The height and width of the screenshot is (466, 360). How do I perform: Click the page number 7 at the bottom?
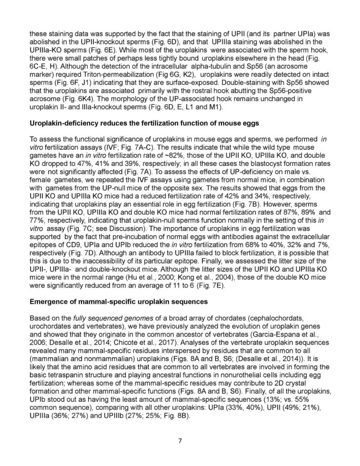180,439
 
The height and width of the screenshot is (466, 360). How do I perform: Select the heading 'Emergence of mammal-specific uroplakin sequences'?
119,303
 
